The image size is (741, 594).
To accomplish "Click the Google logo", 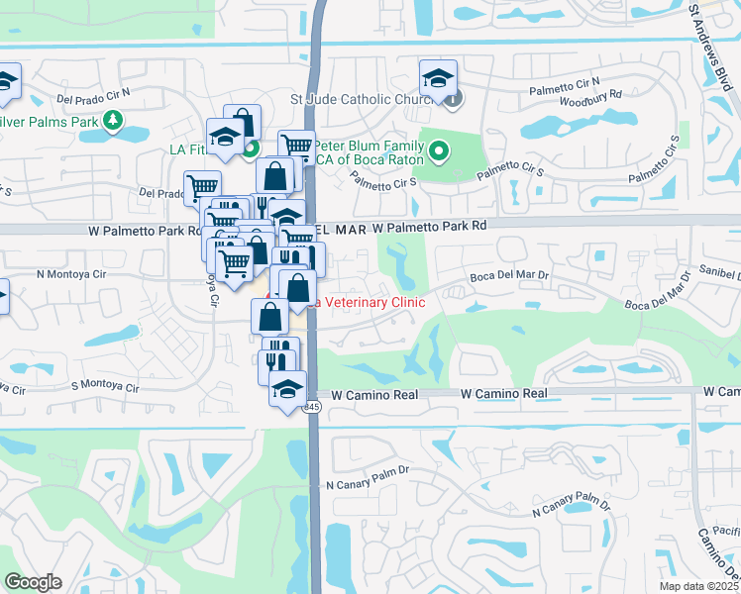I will [34, 582].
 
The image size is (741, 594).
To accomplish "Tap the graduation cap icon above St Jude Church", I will [438, 78].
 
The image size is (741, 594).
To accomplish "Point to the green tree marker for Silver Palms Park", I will [114, 122].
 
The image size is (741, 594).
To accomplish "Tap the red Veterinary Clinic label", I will [367, 302].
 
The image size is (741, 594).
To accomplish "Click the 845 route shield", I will [312, 407].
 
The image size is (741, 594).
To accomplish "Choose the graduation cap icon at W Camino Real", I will [288, 386].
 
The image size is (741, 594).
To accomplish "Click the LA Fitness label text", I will [188, 149].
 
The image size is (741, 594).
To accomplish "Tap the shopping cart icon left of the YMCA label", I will [296, 147].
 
